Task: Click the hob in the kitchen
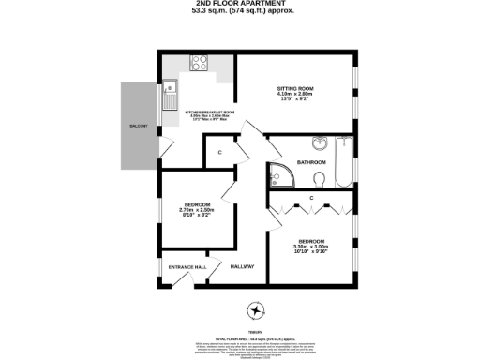coord(199,65)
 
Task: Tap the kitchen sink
coord(172,92)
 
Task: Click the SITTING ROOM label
coord(294,89)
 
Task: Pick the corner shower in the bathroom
coord(280,173)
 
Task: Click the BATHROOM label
coord(311,162)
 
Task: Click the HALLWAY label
coord(243,267)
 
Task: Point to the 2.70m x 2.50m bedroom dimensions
coord(198,211)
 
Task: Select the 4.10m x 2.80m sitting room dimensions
coord(294,96)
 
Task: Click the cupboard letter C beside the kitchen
coord(219,151)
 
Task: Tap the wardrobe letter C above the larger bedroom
coord(309,198)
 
